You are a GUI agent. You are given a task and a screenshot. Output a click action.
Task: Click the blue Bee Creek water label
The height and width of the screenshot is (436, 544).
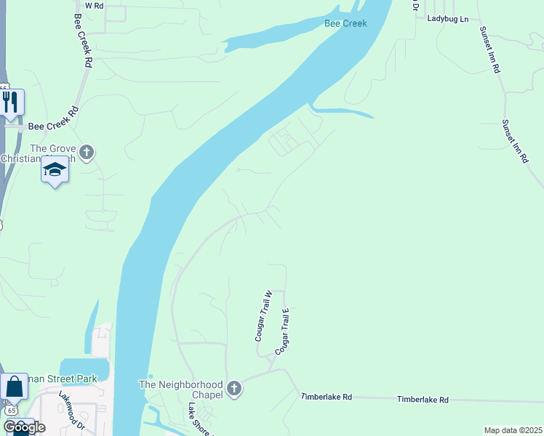[x=345, y=23]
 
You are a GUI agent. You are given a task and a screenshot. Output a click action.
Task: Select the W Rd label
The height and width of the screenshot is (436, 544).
[x=95, y=5]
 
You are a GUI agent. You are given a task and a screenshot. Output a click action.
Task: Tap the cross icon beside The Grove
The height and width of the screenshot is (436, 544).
[x=87, y=153]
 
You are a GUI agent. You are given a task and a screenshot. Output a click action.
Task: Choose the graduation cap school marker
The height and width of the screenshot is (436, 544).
[x=55, y=171]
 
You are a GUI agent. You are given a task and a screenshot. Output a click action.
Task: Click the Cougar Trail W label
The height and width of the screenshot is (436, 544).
[x=263, y=316]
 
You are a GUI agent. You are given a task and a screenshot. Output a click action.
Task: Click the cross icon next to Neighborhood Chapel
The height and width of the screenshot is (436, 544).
[x=233, y=389]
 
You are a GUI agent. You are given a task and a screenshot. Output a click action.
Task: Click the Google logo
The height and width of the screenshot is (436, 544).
[x=24, y=427]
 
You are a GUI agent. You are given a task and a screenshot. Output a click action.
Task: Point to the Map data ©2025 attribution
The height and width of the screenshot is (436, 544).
[x=513, y=430]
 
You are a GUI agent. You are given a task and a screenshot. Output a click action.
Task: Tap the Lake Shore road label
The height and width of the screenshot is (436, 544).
[x=197, y=419]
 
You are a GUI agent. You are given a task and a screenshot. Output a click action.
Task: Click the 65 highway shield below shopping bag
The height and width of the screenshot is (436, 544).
[x=11, y=410]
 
